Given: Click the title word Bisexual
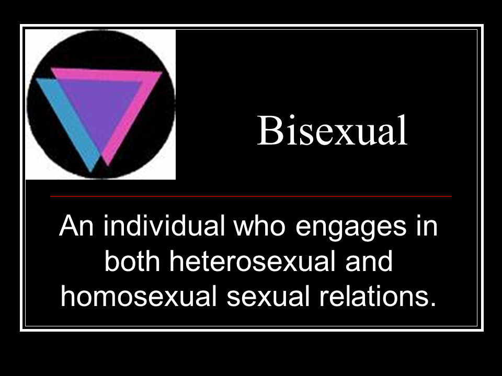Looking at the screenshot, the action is click(332, 131).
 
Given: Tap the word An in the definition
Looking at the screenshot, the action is click(76, 226).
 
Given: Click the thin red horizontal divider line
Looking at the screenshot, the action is click(251, 196).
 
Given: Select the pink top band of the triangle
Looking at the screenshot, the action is click(106, 75).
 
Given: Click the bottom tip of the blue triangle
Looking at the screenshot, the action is click(90, 172).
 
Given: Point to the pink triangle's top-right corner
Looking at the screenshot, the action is click(162, 73).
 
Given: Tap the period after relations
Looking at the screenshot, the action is click(433, 304).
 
